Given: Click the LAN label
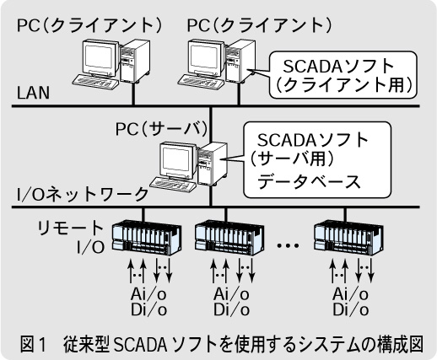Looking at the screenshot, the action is click(x=33, y=93).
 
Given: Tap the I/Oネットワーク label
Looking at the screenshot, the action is click(x=83, y=194).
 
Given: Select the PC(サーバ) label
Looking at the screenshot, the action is click(x=162, y=129).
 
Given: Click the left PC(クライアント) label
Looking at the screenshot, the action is click(x=90, y=25).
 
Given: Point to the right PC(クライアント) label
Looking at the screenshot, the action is click(x=260, y=25).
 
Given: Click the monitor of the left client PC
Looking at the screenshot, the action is click(x=99, y=58).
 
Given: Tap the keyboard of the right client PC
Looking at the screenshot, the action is click(x=201, y=82).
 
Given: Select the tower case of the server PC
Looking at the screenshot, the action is click(x=213, y=164).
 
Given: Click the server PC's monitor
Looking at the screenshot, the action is click(x=176, y=161).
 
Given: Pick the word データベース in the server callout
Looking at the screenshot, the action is click(x=309, y=181).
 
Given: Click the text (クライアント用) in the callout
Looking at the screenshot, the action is click(x=343, y=85).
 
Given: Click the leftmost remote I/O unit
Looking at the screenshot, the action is click(x=147, y=239).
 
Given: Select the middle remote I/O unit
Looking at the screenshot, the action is click(x=229, y=239).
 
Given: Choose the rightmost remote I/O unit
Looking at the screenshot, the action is click(x=348, y=239).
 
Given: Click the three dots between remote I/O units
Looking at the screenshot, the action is click(x=288, y=245).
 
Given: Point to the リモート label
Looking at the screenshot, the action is click(x=71, y=228).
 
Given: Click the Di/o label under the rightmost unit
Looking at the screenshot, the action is click(x=351, y=310).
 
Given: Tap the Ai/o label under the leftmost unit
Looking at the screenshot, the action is click(x=148, y=294).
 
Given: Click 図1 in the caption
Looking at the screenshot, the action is click(x=33, y=344).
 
